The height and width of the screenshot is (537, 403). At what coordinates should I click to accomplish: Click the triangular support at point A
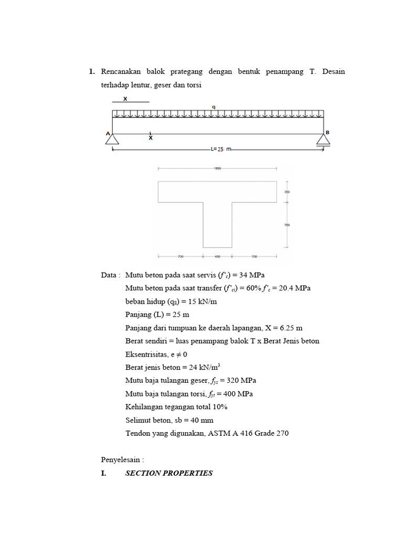pos(112,139)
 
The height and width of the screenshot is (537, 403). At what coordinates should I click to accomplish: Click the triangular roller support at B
pos(323,139)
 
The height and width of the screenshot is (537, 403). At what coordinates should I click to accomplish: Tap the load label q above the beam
pos(214,107)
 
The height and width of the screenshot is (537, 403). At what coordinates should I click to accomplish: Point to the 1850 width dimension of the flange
pos(217,168)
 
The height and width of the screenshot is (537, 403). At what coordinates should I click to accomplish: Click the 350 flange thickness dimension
pos(287,192)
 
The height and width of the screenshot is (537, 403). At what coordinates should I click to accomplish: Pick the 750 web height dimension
pos(287,225)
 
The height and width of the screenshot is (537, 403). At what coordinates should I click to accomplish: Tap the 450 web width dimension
pos(217,257)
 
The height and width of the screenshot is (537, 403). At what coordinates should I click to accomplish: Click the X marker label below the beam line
pos(151,138)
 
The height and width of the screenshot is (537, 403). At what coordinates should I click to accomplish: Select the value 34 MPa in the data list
pos(254,275)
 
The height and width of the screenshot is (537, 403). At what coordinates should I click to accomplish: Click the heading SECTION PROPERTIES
pos(169,473)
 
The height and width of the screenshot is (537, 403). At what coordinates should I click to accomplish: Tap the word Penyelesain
pos(120,460)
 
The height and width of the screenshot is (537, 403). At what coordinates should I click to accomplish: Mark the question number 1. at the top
pos(92,72)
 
